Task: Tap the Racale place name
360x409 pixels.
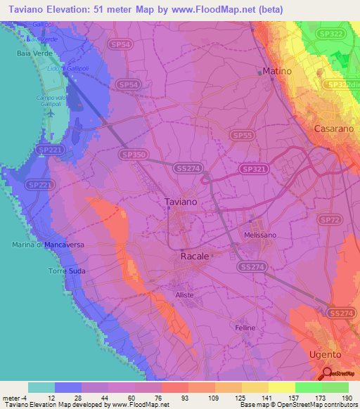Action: pos(194,257)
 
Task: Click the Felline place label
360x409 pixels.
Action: pos(265,327)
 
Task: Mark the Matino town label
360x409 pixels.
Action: pos(276,71)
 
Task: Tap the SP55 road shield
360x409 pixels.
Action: pos(242,135)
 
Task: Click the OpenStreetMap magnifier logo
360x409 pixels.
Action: pos(327,373)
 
